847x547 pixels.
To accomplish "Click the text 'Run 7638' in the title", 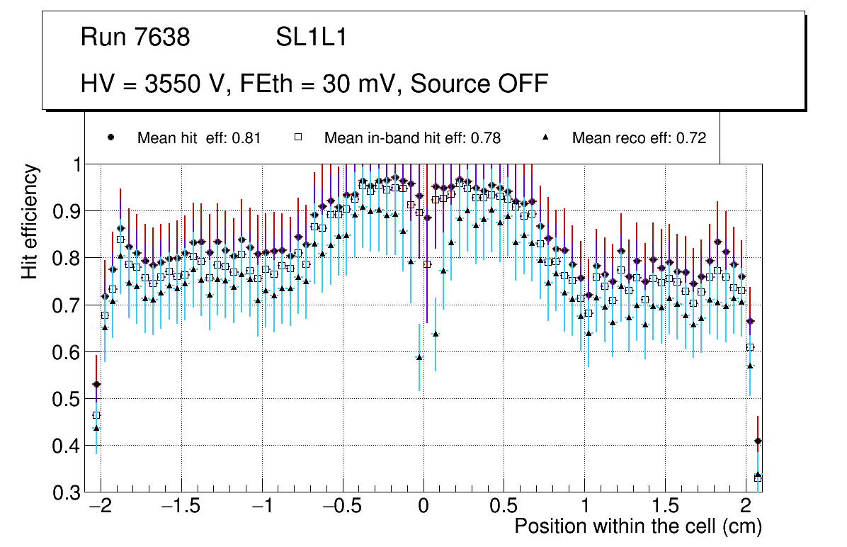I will coord(135,38).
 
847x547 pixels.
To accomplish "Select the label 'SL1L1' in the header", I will coord(311,38).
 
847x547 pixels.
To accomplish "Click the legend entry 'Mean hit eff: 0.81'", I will coord(199,138).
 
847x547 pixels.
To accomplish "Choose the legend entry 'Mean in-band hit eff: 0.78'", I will coord(412,138).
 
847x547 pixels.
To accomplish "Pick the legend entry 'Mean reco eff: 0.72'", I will coord(639,138).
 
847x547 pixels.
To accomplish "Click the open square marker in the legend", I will coord(298,138).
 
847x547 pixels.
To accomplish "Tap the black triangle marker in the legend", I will coord(546,137).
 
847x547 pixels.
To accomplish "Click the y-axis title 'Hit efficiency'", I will coord(30,221).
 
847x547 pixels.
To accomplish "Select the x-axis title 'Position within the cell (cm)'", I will coord(638,526).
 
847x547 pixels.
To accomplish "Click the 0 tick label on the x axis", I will coord(423,508).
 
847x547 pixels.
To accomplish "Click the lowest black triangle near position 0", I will coord(419,357).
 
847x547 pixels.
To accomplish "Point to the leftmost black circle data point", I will coord(96,384).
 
